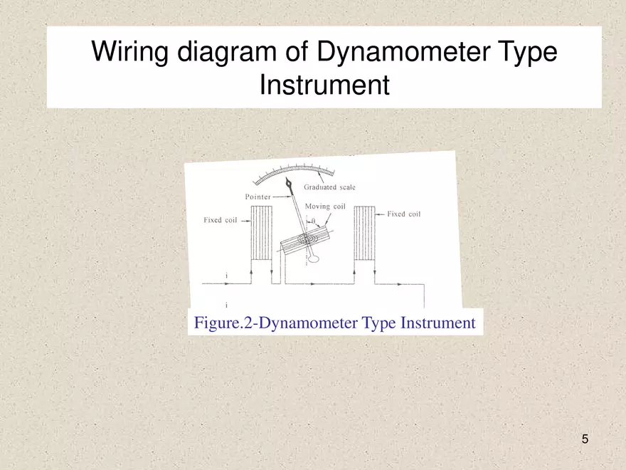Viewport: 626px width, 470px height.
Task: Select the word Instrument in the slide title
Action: coord(324,85)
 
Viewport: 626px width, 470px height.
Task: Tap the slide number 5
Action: coord(585,439)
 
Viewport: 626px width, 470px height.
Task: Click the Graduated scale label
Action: coord(329,187)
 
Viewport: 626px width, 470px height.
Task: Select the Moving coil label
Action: coord(325,207)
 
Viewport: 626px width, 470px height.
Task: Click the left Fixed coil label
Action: coord(220,220)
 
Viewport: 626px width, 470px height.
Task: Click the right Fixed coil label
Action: coord(403,214)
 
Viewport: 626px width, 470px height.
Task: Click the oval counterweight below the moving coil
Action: coord(314,261)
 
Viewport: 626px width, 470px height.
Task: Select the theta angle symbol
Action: coord(314,220)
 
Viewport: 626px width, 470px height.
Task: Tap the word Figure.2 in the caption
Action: coord(223,323)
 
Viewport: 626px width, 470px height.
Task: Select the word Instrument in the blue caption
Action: coord(437,323)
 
